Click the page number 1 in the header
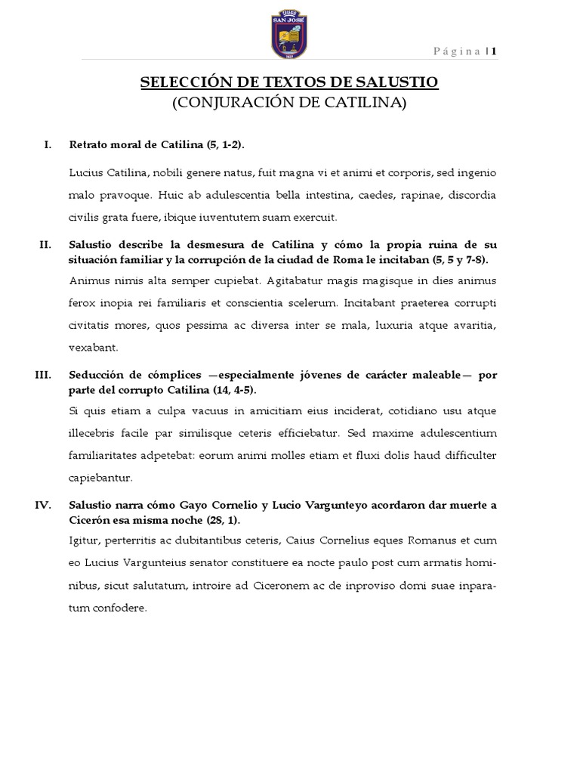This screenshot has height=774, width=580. pyautogui.click(x=494, y=51)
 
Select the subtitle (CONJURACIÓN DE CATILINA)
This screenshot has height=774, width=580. pyautogui.click(x=289, y=103)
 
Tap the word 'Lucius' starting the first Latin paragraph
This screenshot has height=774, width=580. pyautogui.click(x=85, y=173)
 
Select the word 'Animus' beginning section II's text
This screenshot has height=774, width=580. pyautogui.click(x=86, y=281)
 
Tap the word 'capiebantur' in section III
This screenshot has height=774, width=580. pyautogui.click(x=100, y=478)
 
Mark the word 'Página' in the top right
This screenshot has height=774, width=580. pyautogui.click(x=459, y=51)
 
